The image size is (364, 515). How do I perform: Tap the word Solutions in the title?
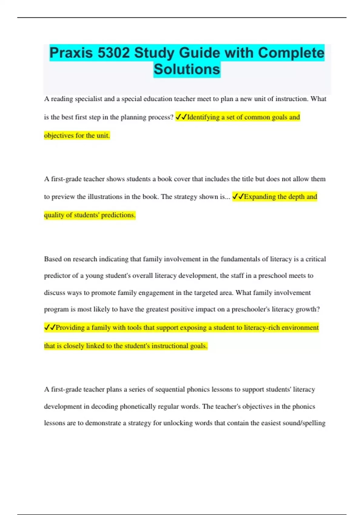tap(187, 69)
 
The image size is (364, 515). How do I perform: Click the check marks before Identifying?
tap(181, 117)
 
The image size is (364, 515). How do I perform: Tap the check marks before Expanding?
tap(238, 197)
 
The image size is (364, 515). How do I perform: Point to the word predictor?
tap(57, 276)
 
